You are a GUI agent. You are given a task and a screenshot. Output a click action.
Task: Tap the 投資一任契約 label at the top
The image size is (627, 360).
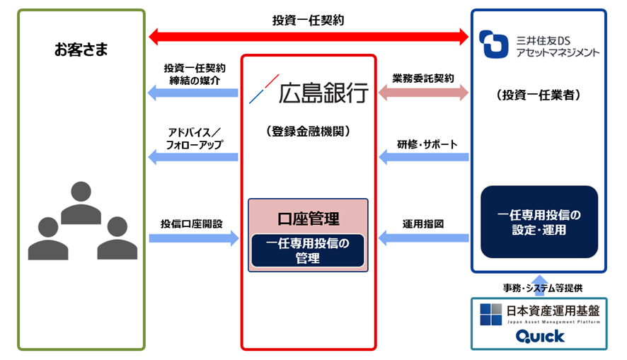(308, 20)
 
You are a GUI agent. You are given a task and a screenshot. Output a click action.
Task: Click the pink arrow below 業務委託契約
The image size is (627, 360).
(423, 92)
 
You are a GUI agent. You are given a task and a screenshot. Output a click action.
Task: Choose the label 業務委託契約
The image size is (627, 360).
(423, 77)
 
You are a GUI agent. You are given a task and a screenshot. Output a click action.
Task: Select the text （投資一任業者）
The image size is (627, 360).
(539, 95)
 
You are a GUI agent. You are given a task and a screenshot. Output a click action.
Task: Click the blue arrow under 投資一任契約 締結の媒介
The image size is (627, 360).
(192, 92)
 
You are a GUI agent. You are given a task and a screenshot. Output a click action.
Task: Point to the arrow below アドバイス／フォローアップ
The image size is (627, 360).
(192, 157)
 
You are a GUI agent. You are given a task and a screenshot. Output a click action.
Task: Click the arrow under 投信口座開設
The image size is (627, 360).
(193, 238)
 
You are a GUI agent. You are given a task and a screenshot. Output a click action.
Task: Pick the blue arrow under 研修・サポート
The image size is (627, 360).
(423, 157)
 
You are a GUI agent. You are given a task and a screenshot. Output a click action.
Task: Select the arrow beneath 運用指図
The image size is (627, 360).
(423, 238)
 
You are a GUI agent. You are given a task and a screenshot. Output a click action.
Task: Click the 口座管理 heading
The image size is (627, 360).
(308, 219)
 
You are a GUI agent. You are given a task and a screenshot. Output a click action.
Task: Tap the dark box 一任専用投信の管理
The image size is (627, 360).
(308, 250)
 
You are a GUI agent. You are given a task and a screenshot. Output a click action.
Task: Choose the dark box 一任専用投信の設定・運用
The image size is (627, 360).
(539, 221)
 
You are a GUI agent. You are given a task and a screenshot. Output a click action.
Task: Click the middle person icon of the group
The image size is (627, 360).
(82, 202)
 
